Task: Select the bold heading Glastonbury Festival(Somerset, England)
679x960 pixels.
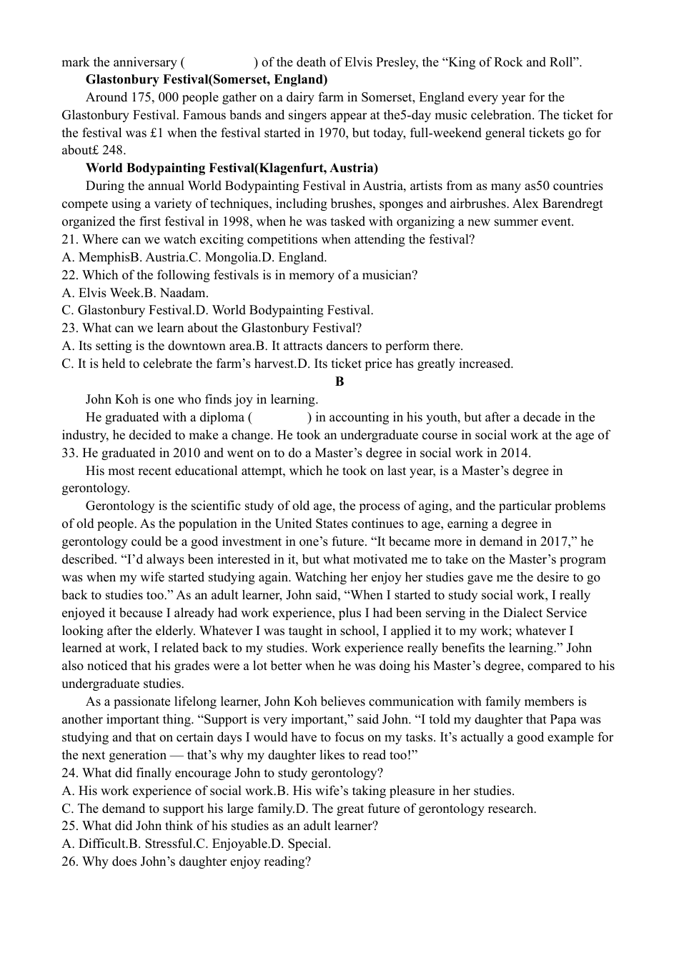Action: (x=206, y=79)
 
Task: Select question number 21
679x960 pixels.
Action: (x=69, y=239)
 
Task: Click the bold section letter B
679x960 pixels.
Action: (x=339, y=381)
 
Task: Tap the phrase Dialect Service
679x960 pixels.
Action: (x=543, y=613)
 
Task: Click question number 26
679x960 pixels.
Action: (x=69, y=861)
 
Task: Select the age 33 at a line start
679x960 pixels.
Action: (x=69, y=453)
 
